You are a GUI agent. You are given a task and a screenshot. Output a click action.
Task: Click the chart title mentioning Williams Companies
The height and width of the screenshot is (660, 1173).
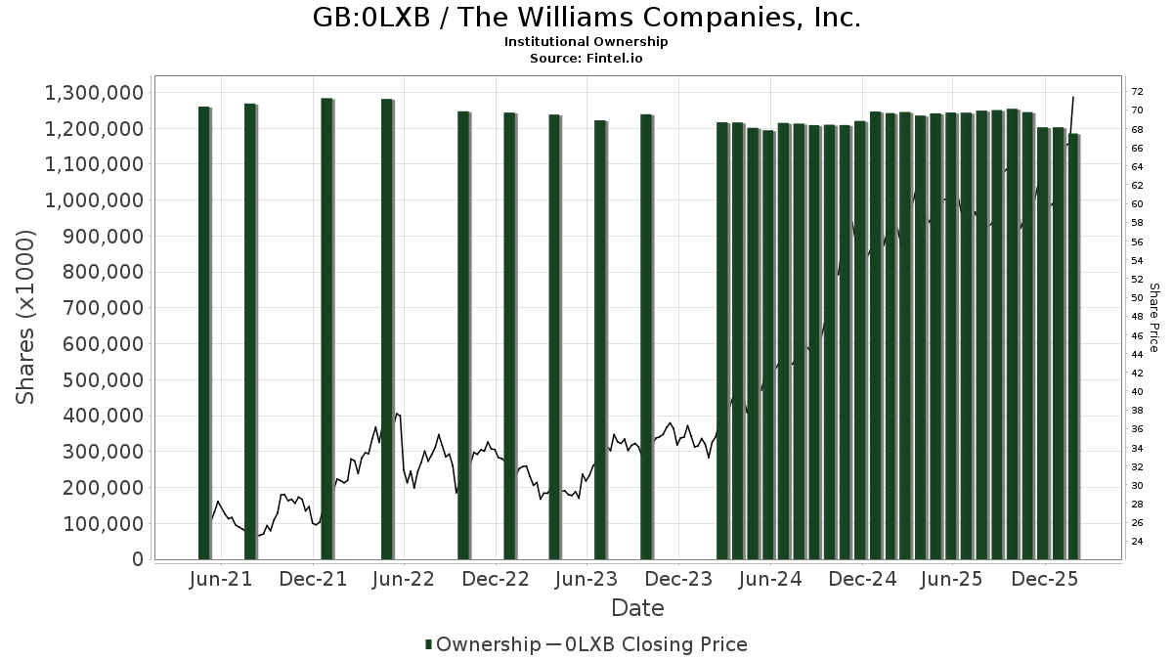pyautogui.click(x=586, y=18)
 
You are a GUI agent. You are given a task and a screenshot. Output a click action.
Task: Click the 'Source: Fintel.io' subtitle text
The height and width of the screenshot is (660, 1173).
pyautogui.click(x=586, y=58)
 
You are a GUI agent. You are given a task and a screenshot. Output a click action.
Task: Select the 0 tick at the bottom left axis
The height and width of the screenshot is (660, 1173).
pyautogui.click(x=137, y=559)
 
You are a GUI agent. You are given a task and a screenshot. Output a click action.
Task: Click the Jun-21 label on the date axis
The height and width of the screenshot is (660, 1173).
pyautogui.click(x=220, y=579)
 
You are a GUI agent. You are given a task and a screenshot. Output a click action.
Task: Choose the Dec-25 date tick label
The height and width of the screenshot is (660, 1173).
pyautogui.click(x=1045, y=579)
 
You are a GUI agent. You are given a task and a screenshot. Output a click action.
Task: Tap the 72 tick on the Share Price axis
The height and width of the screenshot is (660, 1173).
pyautogui.click(x=1137, y=92)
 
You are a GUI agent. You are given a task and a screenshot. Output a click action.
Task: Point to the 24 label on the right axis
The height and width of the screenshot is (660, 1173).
pyautogui.click(x=1137, y=542)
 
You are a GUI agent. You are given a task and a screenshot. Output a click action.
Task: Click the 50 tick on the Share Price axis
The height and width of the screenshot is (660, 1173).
pyautogui.click(x=1137, y=298)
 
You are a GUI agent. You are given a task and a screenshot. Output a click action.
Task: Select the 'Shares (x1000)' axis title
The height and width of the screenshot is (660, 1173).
pyautogui.click(x=26, y=317)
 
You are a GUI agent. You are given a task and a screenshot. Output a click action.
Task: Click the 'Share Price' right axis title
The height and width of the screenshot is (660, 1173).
pyautogui.click(x=1154, y=317)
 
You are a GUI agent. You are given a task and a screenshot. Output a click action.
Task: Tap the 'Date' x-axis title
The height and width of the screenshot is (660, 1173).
pyautogui.click(x=637, y=608)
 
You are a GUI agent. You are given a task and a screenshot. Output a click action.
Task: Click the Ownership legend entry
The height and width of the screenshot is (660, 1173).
pyautogui.click(x=482, y=644)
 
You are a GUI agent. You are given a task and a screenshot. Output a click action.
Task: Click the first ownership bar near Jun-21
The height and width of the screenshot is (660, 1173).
pyautogui.click(x=204, y=332)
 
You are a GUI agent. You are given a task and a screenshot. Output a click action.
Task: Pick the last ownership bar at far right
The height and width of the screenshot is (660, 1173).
pyautogui.click(x=1074, y=346)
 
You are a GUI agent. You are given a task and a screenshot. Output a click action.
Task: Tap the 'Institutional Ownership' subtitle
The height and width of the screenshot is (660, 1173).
pyautogui.click(x=586, y=42)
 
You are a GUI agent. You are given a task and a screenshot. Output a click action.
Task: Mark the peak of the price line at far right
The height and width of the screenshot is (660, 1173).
pyautogui.click(x=1073, y=97)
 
